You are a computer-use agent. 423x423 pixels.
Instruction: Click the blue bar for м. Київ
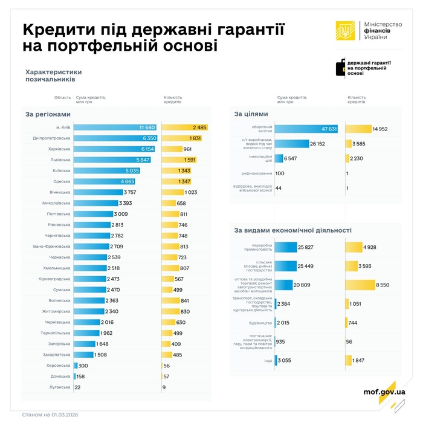click(115, 128)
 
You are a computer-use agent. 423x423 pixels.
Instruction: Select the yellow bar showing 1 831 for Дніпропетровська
click(182, 138)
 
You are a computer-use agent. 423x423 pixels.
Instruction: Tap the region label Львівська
click(60, 160)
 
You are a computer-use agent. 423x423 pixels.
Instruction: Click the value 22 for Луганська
click(77, 387)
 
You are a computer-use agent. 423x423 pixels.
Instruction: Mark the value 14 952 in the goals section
click(381, 129)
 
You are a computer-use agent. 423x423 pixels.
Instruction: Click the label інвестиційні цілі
click(253, 158)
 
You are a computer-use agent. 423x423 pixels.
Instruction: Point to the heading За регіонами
click(48, 114)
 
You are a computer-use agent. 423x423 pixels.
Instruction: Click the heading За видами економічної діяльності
click(292, 230)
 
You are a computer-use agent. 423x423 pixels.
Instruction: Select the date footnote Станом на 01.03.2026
click(50, 415)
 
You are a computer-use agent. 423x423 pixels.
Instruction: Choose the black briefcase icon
click(341, 68)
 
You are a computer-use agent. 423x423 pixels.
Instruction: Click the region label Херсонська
click(59, 366)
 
